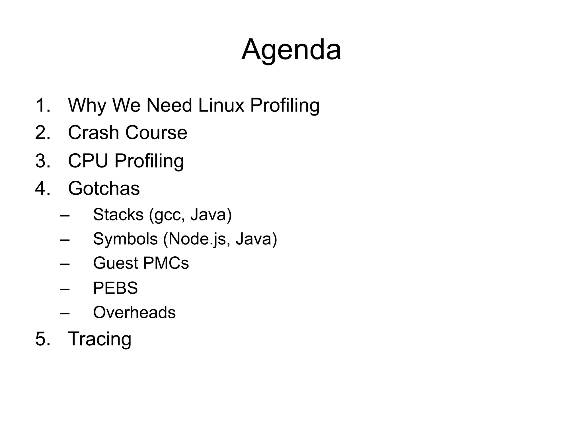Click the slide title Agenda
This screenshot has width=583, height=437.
pyautogui.click(x=291, y=50)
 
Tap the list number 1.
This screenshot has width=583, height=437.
pyautogui.click(x=43, y=105)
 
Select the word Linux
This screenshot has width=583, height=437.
pyautogui.click(x=221, y=105)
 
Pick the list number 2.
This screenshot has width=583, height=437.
pyautogui.click(x=43, y=133)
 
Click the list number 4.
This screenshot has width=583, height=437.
pyautogui.click(x=43, y=188)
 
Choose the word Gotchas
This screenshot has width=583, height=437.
pyautogui.click(x=104, y=188)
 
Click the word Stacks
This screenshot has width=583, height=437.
pyautogui.click(x=118, y=215)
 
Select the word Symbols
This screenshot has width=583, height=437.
pyautogui.click(x=125, y=239)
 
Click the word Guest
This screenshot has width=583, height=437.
pyautogui.click(x=115, y=263)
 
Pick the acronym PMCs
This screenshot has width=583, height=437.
pyautogui.click(x=166, y=263)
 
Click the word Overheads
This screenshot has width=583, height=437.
pyautogui.click(x=134, y=312)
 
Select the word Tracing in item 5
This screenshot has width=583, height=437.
pyautogui.click(x=100, y=339)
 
